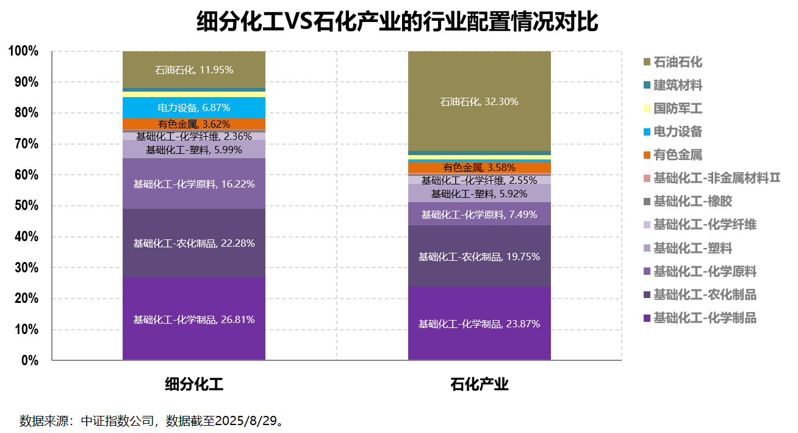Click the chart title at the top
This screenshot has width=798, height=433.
(x=398, y=22)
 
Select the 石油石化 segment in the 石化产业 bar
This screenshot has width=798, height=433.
(x=479, y=101)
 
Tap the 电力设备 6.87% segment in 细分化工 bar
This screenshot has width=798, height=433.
(x=193, y=107)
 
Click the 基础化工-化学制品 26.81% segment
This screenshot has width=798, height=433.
(x=193, y=319)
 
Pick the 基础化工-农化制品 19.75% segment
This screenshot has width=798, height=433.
(x=479, y=257)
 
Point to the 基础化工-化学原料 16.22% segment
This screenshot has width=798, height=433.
(x=193, y=183)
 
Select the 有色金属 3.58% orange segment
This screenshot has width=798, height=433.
(x=479, y=167)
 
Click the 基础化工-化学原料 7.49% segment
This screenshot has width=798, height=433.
(x=479, y=214)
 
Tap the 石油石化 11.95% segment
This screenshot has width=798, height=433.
(x=193, y=70)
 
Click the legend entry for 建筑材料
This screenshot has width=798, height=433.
(x=677, y=86)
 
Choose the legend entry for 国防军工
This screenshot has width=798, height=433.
(x=677, y=109)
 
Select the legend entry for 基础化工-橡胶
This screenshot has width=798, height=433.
(x=692, y=202)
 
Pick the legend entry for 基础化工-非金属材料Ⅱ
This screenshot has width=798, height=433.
(x=716, y=178)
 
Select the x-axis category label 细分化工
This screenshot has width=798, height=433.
(x=193, y=385)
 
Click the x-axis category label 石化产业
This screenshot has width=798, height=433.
(x=479, y=385)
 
